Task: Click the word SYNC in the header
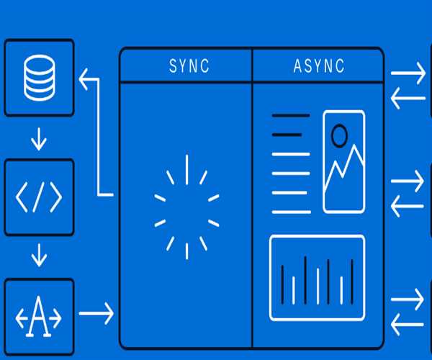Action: [189, 66]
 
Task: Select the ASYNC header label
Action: [319, 66]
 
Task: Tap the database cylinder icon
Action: [39, 78]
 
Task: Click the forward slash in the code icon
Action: [39, 196]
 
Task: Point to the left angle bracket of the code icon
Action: [22, 196]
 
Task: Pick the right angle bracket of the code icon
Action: [55, 196]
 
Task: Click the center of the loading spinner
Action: [186, 205]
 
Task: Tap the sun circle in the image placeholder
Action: [338, 134]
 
